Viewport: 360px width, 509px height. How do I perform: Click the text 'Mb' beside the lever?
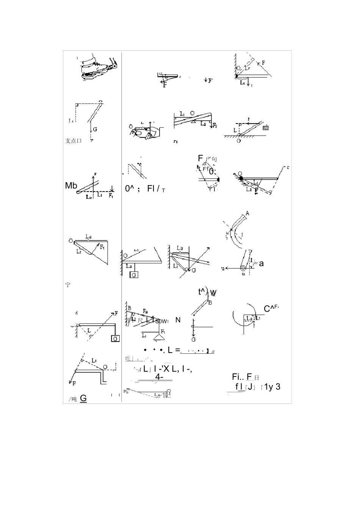71,186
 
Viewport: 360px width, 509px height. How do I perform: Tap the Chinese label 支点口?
74,141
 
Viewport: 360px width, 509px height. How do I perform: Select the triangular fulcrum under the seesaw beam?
194,122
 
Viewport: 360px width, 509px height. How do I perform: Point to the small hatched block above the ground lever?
266,128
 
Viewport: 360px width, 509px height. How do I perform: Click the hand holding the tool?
147,133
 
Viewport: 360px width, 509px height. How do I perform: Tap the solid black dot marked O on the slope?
241,177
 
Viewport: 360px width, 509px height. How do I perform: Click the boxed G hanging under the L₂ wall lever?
134,275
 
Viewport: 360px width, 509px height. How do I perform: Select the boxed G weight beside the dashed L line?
115,339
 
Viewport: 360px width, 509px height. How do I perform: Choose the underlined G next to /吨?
83,398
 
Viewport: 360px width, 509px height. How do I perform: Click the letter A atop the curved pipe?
247,213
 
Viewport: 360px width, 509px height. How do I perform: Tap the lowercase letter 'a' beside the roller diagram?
261,264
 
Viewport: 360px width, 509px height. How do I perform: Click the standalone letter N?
178,320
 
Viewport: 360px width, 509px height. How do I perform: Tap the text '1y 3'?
272,387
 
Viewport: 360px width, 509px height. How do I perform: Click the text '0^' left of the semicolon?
130,188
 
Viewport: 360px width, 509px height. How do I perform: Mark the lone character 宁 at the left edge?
68,285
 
